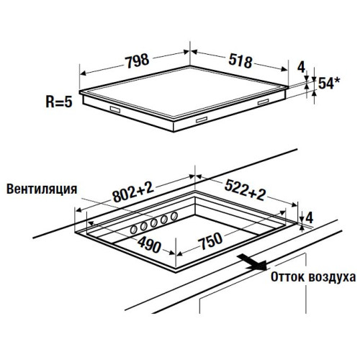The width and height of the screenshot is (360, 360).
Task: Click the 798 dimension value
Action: click(x=138, y=61)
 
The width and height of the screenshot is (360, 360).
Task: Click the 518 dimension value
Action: click(x=240, y=61)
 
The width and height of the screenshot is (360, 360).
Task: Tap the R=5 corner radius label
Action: click(x=59, y=102)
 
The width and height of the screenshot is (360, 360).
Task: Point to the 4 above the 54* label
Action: click(x=301, y=67)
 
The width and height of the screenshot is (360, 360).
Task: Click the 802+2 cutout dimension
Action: click(x=133, y=192)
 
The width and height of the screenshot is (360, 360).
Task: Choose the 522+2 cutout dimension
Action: click(x=245, y=190)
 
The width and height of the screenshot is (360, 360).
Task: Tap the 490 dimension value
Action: click(x=149, y=245)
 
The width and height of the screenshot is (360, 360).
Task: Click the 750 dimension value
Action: click(x=210, y=240)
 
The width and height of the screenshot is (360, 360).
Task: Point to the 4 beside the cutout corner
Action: click(x=310, y=218)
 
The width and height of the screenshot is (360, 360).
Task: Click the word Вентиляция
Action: click(x=42, y=189)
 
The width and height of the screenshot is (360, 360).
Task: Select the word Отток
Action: click(x=287, y=277)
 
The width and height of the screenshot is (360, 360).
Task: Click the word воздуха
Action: click(x=332, y=277)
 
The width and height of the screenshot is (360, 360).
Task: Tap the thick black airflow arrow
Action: click(x=252, y=262)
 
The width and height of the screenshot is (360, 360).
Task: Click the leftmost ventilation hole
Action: click(x=133, y=230)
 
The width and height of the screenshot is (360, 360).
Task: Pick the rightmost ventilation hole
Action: click(x=174, y=216)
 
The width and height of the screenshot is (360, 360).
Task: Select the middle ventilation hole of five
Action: click(x=154, y=223)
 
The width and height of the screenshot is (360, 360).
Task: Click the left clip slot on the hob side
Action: click(x=115, y=109)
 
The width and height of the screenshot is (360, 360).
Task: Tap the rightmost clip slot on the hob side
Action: click(x=264, y=102)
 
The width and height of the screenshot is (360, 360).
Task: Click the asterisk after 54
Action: click(x=337, y=81)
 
